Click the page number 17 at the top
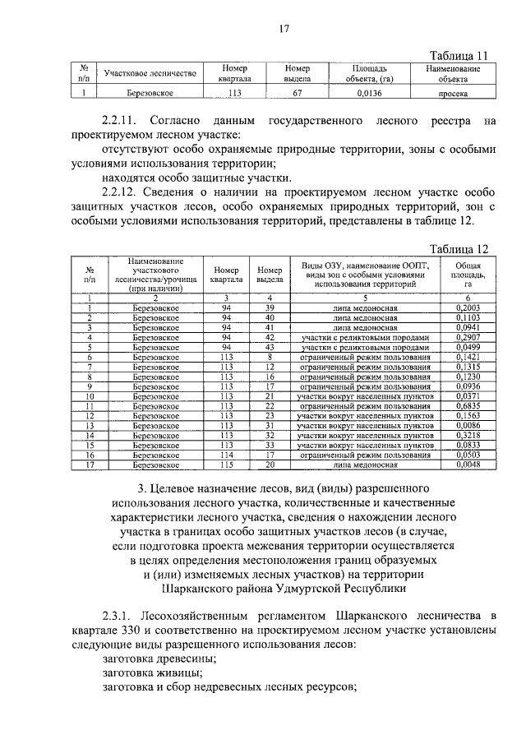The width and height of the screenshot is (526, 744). (284, 30)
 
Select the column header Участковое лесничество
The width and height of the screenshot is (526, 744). (150, 74)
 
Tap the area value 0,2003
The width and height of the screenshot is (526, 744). (467, 307)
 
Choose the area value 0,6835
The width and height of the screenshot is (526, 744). (467, 406)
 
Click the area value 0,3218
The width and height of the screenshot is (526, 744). (467, 436)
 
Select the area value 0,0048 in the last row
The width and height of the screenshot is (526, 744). (467, 465)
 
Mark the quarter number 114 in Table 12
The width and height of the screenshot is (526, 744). (227, 455)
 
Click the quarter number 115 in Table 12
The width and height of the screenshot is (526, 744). (227, 465)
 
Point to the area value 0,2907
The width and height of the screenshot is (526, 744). (467, 337)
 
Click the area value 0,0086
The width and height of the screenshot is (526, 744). (467, 426)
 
